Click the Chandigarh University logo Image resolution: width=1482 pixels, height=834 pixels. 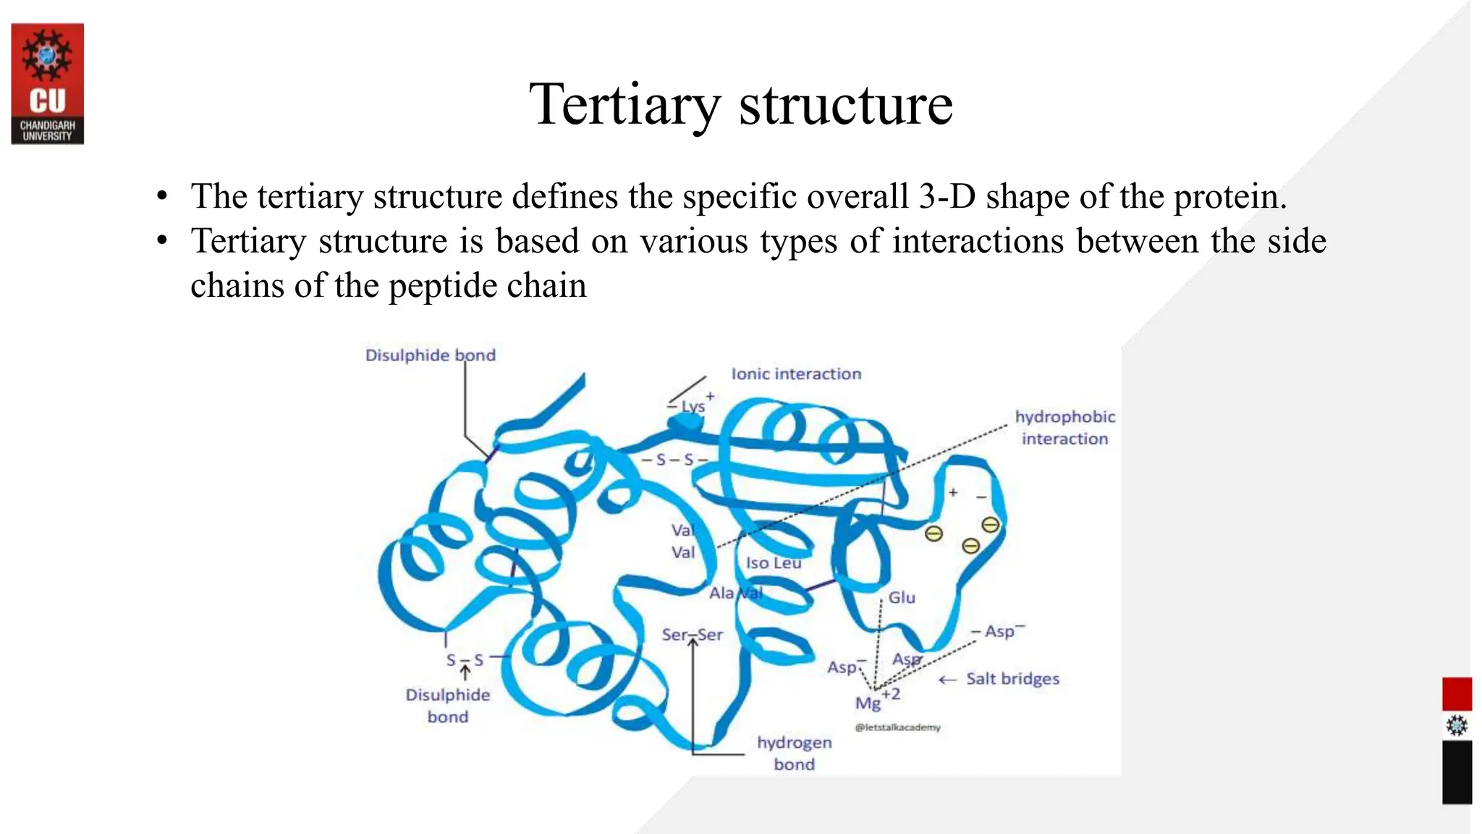pos(48,83)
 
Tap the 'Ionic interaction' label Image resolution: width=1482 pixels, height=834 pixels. pos(796,374)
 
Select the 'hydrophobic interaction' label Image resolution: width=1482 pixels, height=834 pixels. pos(1064,427)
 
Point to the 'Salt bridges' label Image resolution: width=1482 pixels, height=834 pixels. pos(1012,679)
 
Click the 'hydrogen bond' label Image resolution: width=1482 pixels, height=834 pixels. pos(794,753)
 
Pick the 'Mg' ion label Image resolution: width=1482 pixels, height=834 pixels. pos(868,702)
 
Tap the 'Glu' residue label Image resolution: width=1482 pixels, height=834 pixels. pos(902,597)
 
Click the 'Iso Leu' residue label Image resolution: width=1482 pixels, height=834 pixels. pos(774,563)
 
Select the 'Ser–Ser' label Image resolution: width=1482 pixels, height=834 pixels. pos(692,635)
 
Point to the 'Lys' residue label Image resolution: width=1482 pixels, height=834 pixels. pos(693,406)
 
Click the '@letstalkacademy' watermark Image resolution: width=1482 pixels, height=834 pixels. pos(897,728)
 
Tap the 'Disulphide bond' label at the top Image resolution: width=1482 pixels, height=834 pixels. pos(430,355)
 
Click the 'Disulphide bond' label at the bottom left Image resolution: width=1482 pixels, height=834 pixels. pos(447,705)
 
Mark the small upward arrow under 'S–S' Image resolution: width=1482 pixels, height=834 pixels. pos(465,673)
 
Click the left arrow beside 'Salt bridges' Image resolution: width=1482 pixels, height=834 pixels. pos(947,680)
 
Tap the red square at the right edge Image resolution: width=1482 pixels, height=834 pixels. pos(1457,694)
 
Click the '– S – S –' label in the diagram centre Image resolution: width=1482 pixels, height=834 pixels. pos(674,460)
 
